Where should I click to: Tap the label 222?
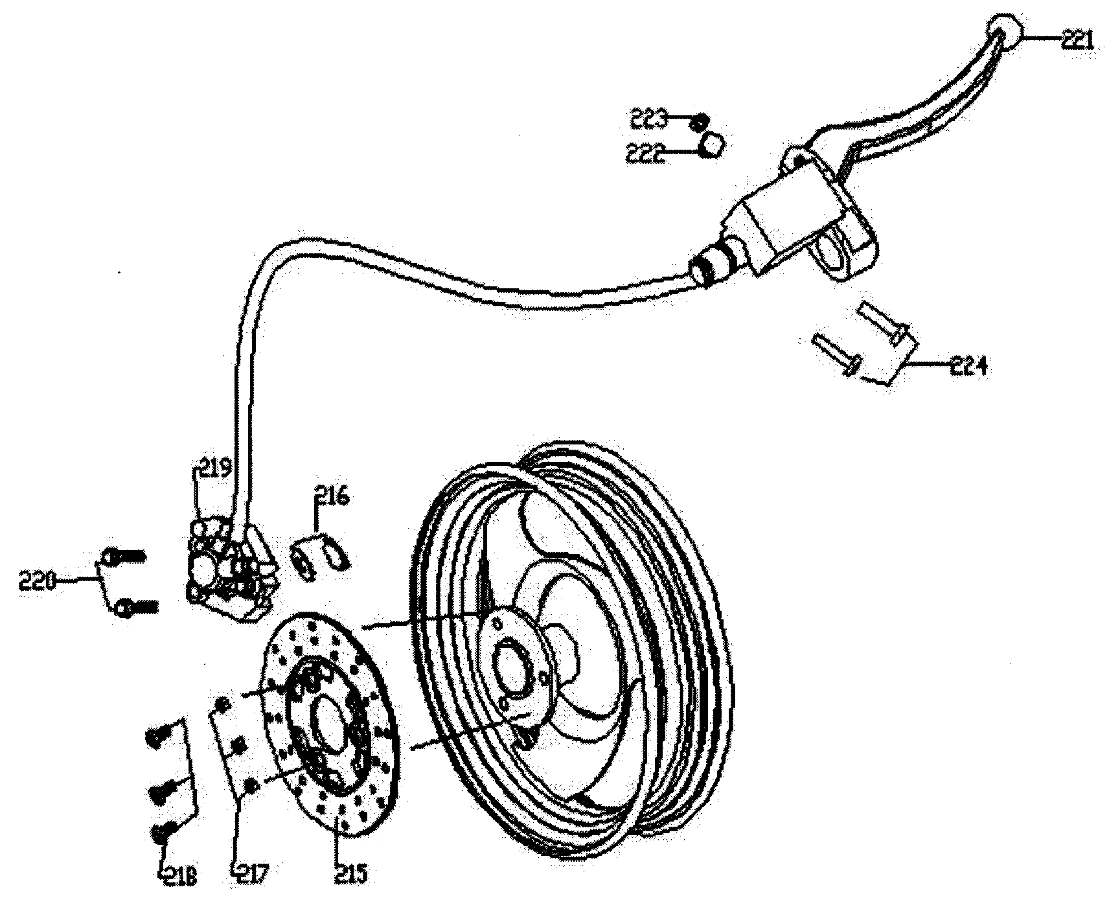click(645, 154)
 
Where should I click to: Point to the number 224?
click(968, 367)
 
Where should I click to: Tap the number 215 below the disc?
click(351, 875)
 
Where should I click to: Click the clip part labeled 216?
click(322, 554)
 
